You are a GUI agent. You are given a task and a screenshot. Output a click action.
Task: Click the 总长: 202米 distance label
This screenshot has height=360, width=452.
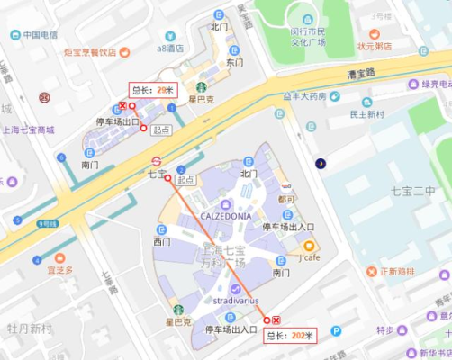click(x=291, y=336)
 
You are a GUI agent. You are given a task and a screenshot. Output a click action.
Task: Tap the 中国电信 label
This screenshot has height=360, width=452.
click(x=41, y=35)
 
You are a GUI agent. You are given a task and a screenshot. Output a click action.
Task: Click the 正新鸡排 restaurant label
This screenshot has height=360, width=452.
click(x=396, y=271)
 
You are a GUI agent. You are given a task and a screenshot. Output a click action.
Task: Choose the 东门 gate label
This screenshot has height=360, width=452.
click(x=234, y=64)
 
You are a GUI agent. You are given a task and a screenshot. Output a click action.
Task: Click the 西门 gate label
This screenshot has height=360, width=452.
click(x=161, y=241)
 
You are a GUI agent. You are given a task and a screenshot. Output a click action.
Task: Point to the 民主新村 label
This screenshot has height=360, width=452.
click(x=366, y=114)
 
